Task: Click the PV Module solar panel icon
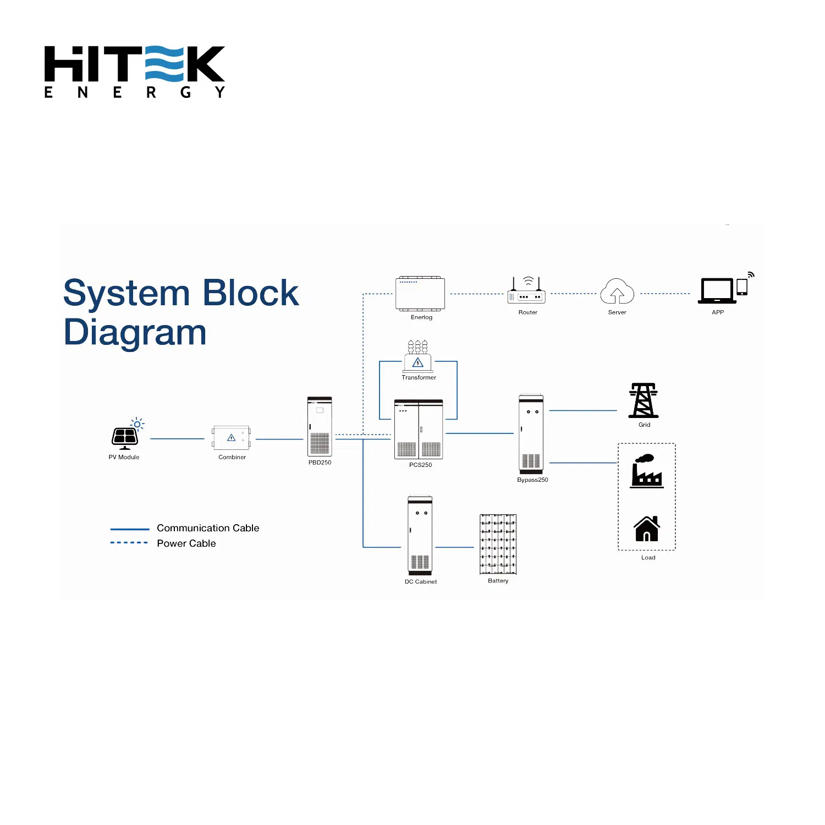pos(125,437)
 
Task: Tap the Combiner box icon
pos(232,438)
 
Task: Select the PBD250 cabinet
pos(320,427)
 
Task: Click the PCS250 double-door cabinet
pos(419,430)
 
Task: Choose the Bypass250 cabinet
pos(531,434)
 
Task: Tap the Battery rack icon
pos(498,544)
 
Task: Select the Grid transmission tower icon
pos(643,400)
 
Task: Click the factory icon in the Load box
pos(647,471)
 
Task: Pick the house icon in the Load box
pos(647,529)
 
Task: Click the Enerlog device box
pos(420,294)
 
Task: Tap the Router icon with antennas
pos(527,292)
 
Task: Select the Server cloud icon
pos(617,291)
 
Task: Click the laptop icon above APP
pos(717,290)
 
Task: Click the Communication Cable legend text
pos(208,528)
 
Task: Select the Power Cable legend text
pos(186,543)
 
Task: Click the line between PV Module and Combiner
pos(177,439)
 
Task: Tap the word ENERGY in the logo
pos(135,92)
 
